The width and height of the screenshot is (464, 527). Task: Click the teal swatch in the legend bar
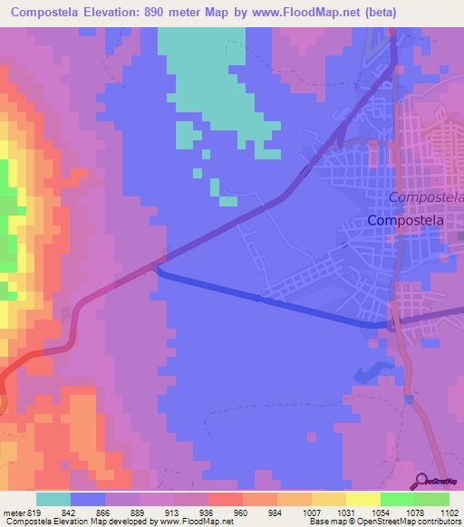(x=53, y=499)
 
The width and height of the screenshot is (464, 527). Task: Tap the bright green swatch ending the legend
(x=432, y=499)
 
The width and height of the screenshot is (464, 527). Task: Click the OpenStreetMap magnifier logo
(x=422, y=481)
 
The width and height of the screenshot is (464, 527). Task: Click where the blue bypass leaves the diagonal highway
(x=159, y=264)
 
